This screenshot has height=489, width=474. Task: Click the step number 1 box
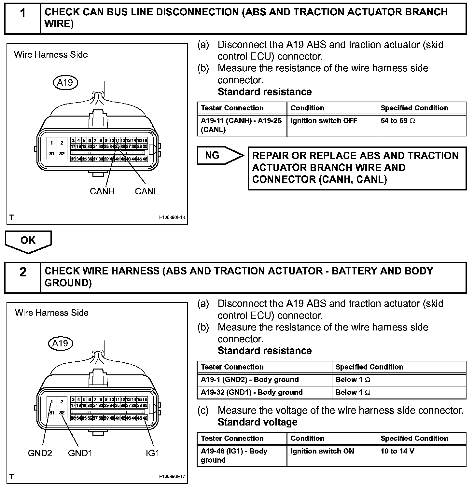coord(22,18)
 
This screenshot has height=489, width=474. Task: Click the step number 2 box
coord(22,277)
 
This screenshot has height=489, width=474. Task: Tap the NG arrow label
coord(212,156)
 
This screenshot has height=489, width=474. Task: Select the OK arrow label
coord(28,240)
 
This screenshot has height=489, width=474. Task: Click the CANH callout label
coord(102,191)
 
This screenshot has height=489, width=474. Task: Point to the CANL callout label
coord(146,191)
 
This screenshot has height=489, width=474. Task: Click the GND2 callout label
coord(40,453)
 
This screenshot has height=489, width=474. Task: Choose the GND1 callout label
coord(80,453)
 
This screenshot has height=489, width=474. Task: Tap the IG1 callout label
coord(152,453)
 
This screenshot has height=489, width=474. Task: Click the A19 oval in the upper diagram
coord(65,82)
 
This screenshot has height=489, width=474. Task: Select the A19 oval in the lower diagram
coord(61,343)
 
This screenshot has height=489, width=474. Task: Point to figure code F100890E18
coord(172,217)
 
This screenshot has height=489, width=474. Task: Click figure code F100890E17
coord(172,476)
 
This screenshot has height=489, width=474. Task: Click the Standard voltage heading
coord(258,422)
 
